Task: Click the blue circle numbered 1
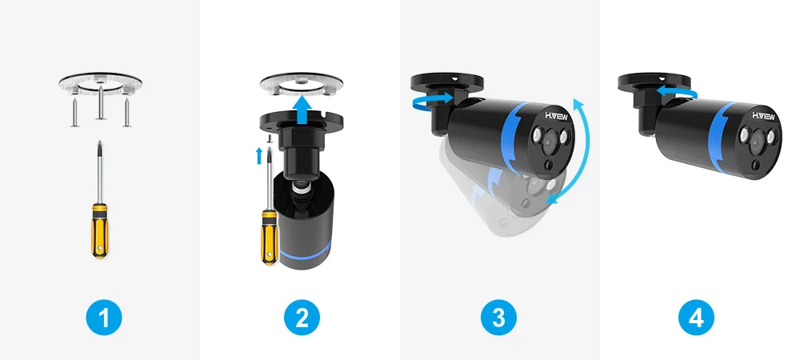(x=104, y=317)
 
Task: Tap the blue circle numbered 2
(x=302, y=317)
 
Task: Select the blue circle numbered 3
(x=499, y=317)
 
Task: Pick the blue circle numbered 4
(x=697, y=317)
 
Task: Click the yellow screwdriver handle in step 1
(x=99, y=230)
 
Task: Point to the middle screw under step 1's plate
(x=101, y=104)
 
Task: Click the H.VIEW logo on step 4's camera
(x=764, y=116)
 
